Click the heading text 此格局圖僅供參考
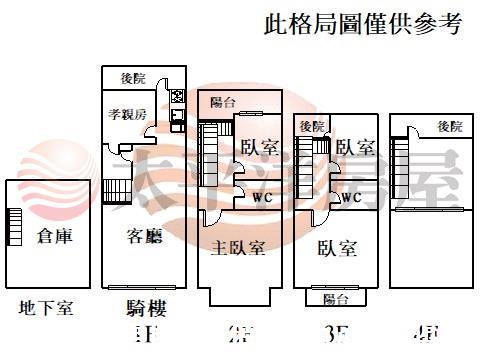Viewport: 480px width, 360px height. [x=363, y=23]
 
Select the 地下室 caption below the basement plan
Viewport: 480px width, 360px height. [x=46, y=308]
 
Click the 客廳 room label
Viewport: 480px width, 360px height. [x=144, y=237]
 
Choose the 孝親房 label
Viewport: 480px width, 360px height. [x=128, y=114]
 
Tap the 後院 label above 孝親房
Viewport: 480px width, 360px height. [x=133, y=78]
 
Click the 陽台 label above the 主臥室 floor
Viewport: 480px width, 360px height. [x=223, y=103]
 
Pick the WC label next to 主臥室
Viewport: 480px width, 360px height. [x=262, y=197]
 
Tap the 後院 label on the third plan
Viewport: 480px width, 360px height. [x=311, y=126]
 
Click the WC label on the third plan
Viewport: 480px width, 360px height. [x=351, y=198]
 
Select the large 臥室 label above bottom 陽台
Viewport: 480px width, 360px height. [x=338, y=248]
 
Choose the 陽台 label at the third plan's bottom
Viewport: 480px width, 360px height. [x=335, y=298]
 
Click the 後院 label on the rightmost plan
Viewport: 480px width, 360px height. [x=450, y=126]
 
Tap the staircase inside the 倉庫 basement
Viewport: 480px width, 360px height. [x=14, y=226]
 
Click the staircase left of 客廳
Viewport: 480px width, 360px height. [x=112, y=190]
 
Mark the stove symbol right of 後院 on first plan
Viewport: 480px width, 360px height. [x=178, y=97]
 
